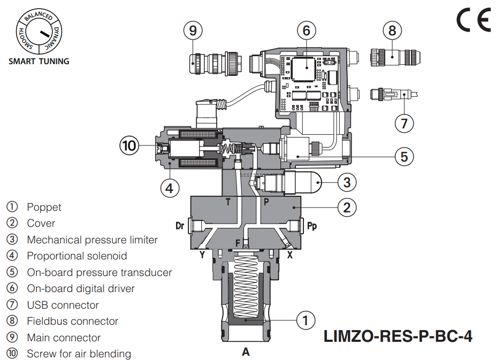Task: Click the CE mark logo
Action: pos(473,20)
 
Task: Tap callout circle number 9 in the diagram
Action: pos(193,30)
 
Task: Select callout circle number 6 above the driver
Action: pos(307,30)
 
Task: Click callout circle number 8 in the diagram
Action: pos(392,30)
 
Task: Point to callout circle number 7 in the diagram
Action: pos(404,124)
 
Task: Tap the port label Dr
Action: pos(180,226)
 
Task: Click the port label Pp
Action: pos(312,226)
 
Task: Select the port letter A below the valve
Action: pos(246,352)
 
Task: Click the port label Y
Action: pos(202,255)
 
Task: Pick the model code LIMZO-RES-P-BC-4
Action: pos(398,336)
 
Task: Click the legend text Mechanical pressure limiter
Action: pos(92,240)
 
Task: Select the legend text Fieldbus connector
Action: pos(72,321)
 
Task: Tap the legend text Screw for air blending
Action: pos(79,354)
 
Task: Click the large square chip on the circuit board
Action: pos(306,66)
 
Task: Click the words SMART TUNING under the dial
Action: pos(39,61)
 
